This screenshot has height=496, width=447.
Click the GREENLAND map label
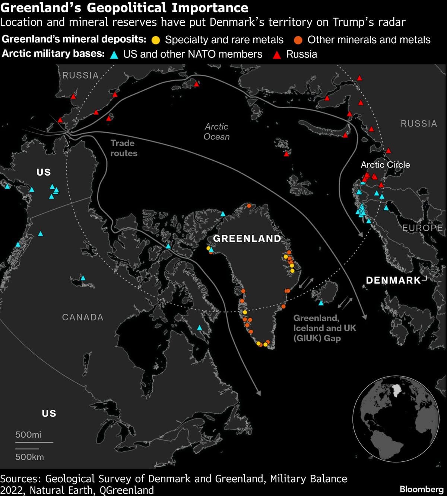click(247, 239)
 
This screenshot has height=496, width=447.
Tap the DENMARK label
click(393, 280)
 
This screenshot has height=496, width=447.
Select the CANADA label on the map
click(83, 317)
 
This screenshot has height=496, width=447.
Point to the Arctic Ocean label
click(216, 132)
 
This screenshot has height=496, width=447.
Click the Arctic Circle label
click(385, 164)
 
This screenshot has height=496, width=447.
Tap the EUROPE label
click(423, 228)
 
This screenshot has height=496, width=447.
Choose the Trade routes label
click(124, 148)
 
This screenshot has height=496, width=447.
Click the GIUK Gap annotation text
click(324, 328)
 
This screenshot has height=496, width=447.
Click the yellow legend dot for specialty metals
click(156, 40)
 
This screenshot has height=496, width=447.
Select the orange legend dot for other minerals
click(298, 40)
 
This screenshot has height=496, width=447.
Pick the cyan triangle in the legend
click(114, 55)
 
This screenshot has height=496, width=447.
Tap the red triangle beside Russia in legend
click(277, 55)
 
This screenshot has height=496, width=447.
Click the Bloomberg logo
click(422, 489)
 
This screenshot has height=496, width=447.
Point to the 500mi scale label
click(28, 435)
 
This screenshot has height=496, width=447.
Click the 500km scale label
click(29, 457)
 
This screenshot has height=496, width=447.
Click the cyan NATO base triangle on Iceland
click(321, 303)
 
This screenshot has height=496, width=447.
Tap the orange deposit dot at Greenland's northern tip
click(249, 206)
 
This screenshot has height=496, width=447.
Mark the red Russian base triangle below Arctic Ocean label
click(286, 154)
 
